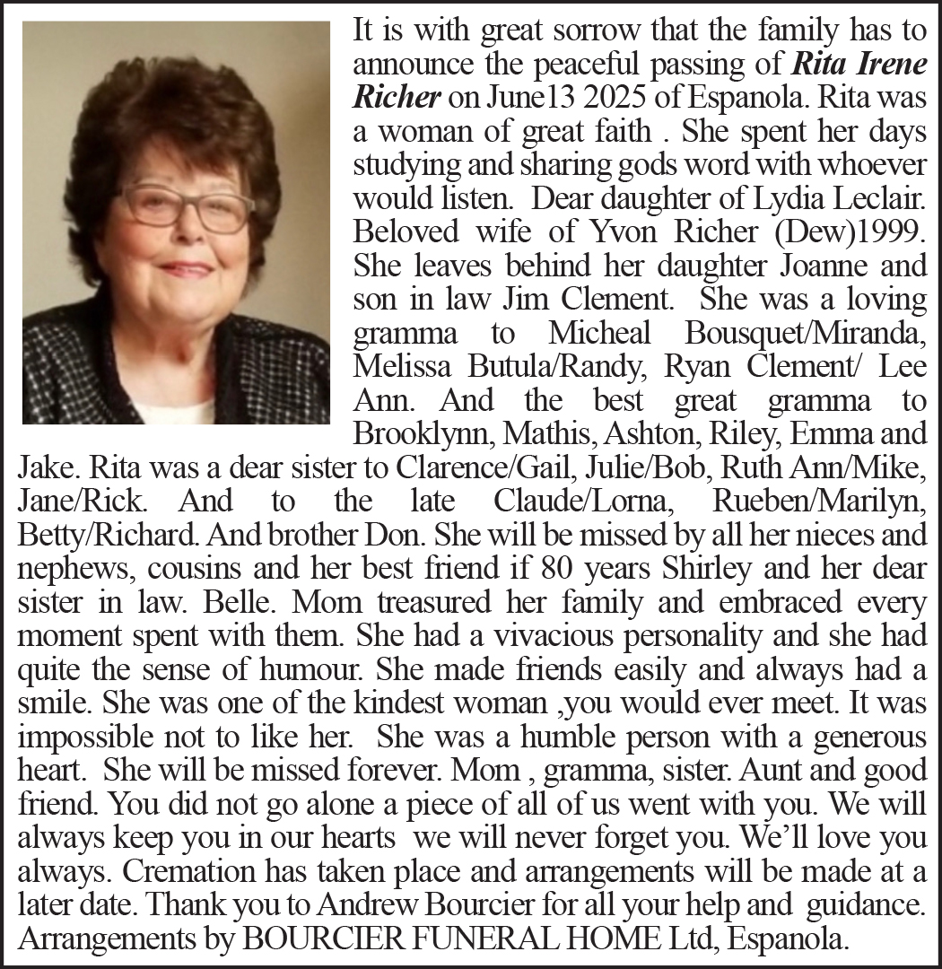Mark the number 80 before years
click(550, 565)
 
